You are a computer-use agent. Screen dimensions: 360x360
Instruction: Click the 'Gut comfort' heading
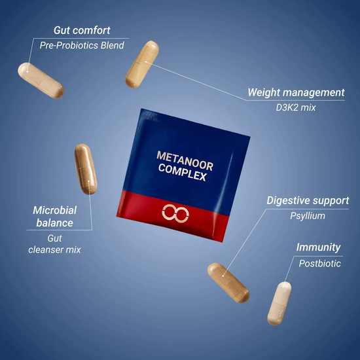pyautogui.click(x=82, y=31)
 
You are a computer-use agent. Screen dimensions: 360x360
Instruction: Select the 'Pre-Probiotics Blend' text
pyautogui.click(x=82, y=45)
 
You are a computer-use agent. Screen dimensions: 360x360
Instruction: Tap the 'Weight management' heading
pyautogui.click(x=296, y=93)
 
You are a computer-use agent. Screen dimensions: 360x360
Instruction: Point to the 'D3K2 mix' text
pyautogui.click(x=296, y=107)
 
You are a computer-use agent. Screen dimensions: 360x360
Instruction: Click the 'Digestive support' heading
pyautogui.click(x=308, y=201)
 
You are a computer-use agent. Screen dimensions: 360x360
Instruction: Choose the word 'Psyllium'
pyautogui.click(x=308, y=216)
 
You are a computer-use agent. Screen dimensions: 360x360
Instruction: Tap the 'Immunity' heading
pyautogui.click(x=318, y=247)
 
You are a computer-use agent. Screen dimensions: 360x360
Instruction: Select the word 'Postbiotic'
pyautogui.click(x=319, y=263)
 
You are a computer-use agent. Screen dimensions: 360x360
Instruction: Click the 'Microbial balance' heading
pyautogui.click(x=54, y=217)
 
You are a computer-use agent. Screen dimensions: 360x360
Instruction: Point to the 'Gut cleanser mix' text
pyautogui.click(x=54, y=244)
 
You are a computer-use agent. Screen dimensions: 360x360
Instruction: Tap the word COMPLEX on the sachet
pyautogui.click(x=183, y=172)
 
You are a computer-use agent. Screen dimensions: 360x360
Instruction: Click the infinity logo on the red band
pyautogui.click(x=175, y=213)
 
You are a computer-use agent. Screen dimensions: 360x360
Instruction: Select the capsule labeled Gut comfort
pyautogui.click(x=41, y=81)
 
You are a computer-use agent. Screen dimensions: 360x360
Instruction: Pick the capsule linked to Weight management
pyautogui.click(x=142, y=64)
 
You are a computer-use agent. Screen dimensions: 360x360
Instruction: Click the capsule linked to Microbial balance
pyautogui.click(x=86, y=169)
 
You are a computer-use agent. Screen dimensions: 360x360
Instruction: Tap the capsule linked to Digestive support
pyautogui.click(x=228, y=283)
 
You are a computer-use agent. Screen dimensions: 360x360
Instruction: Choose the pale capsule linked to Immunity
pyautogui.click(x=279, y=303)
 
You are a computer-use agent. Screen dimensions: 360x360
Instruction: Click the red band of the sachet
pyautogui.click(x=173, y=215)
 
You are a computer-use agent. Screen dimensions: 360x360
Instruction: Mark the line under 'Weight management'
pyautogui.click(x=295, y=101)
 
